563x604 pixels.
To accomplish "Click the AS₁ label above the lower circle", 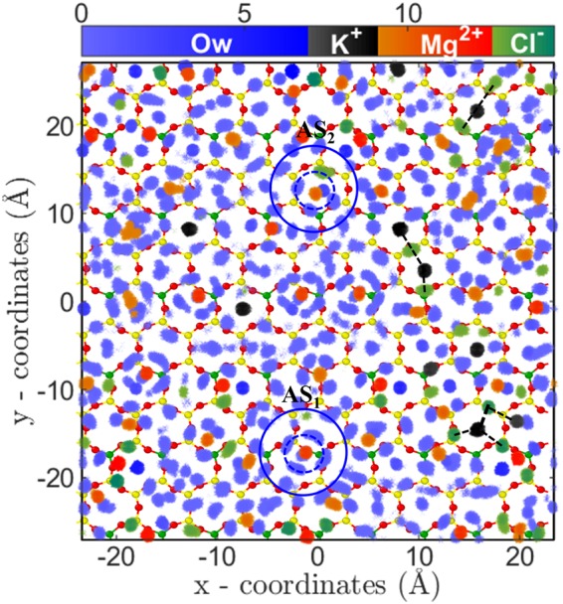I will (300, 396).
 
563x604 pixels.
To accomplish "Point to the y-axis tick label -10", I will (54, 389).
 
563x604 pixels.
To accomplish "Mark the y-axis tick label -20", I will (54, 477).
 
